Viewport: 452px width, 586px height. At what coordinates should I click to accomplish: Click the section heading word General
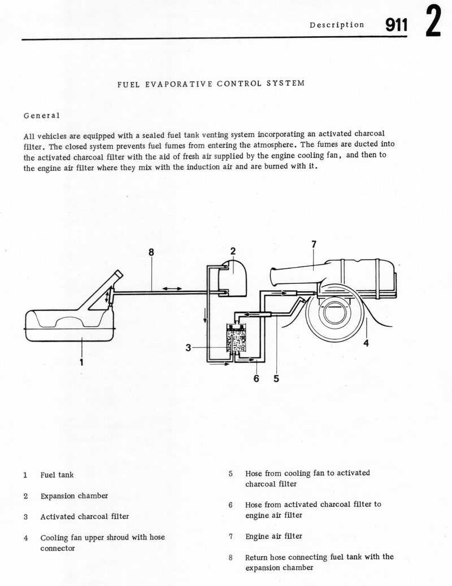42,115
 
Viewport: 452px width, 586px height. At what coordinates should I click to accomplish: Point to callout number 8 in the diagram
151,252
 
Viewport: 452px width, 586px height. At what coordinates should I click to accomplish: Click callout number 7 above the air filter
314,244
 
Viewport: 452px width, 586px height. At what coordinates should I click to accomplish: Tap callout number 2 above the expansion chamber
232,251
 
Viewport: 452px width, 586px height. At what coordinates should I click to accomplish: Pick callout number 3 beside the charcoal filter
189,348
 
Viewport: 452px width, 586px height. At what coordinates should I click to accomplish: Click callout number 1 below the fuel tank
81,362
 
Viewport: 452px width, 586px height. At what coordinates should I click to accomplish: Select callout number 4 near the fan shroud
366,342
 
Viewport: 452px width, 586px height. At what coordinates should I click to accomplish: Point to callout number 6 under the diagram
257,379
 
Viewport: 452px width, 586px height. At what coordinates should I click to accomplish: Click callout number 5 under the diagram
276,379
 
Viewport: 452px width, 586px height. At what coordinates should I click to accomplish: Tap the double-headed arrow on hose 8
172,288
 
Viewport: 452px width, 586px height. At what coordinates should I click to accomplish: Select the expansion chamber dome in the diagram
234,277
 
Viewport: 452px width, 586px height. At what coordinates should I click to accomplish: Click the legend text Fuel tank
57,475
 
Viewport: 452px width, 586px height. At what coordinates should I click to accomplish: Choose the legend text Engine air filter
273,536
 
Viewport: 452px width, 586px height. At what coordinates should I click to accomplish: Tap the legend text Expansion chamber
74,496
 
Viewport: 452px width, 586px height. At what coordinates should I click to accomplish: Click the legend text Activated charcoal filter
84,516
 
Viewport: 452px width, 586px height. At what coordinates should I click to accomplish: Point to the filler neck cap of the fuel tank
119,274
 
